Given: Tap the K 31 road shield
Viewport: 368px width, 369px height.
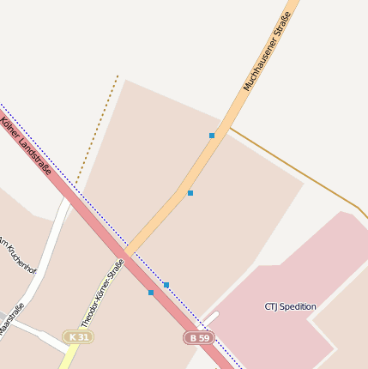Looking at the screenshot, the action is coord(78,337).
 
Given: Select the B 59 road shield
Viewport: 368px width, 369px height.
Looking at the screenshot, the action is coord(198,338).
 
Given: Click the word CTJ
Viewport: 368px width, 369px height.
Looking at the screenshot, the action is coord(272,306).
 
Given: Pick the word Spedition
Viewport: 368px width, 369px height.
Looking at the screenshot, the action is coord(299,306).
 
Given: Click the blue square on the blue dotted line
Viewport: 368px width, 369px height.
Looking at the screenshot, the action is coord(166,285).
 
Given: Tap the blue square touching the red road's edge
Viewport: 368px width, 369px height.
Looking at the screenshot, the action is coord(151,293).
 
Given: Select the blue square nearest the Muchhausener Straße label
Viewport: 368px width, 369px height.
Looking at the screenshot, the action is coord(212,136).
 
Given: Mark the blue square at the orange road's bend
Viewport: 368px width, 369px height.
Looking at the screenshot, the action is coord(190,193).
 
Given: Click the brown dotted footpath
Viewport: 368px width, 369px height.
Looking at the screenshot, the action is coord(97,130).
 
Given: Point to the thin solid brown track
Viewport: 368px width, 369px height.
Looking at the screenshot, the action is coord(300,172).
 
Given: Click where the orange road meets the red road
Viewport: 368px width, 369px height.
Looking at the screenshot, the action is coord(127,251).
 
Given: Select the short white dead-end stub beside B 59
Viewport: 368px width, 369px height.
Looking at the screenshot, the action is coord(210,318).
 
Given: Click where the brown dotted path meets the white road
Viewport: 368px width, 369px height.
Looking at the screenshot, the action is coord(70,196).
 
